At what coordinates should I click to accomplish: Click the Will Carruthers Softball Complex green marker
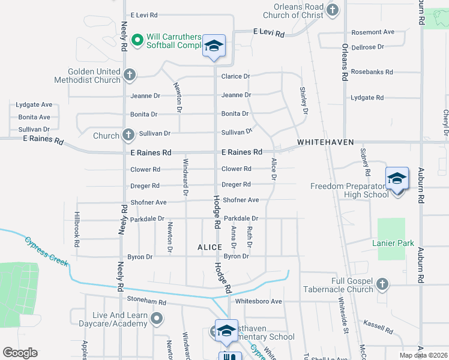click(137, 40)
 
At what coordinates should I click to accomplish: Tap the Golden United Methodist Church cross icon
click(129, 75)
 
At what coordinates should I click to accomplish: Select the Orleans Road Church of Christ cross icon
click(333, 10)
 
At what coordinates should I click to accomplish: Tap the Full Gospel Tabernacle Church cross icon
click(382, 284)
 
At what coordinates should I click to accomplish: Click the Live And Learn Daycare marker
click(157, 319)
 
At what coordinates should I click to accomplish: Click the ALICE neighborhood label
click(209, 247)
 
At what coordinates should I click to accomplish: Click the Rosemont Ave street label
click(373, 32)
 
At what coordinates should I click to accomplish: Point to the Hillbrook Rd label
click(76, 229)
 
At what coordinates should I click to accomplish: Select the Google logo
click(20, 352)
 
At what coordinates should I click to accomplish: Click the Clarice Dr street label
click(235, 76)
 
